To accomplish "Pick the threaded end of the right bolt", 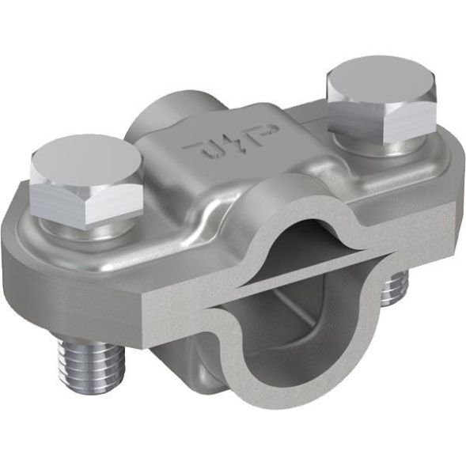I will coord(393,290).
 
